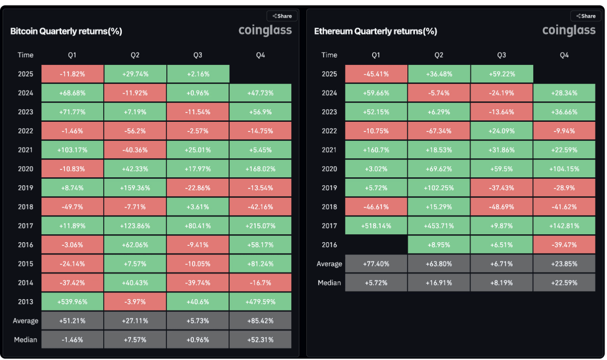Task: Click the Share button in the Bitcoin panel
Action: point(282,16)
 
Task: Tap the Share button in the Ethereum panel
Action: point(586,16)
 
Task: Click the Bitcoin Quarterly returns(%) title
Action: point(66,31)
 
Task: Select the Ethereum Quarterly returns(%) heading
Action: point(375,31)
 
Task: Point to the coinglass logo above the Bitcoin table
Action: point(265,31)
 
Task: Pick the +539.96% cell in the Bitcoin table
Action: point(72,302)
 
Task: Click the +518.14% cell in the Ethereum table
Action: point(376,226)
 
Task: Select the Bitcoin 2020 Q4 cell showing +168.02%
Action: point(260,169)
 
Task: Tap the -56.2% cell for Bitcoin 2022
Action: point(135,131)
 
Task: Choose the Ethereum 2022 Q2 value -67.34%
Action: point(439,131)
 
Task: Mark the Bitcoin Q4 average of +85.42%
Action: point(260,321)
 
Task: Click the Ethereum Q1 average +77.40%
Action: point(376,264)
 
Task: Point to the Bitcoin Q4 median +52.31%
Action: point(260,340)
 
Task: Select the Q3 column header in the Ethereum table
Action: point(501,55)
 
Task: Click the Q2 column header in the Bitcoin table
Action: point(135,55)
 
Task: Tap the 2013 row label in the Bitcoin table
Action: point(25,302)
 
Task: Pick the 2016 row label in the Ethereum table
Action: point(329,245)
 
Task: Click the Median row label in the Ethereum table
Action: point(329,283)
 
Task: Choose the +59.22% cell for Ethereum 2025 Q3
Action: point(501,74)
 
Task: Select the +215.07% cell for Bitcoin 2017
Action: point(260,226)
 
